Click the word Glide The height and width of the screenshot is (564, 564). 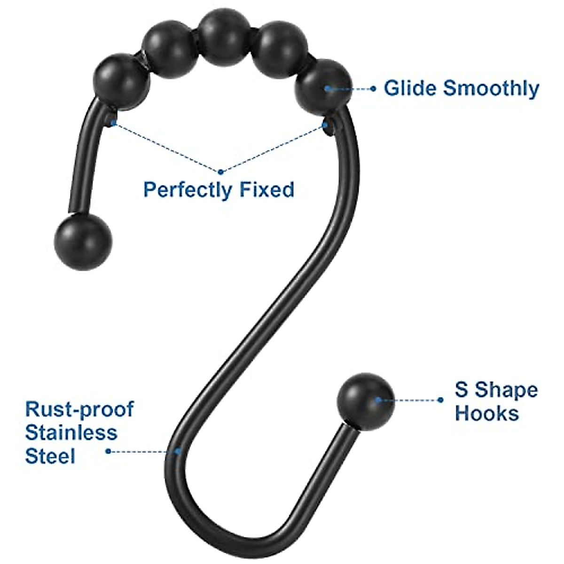point(410,88)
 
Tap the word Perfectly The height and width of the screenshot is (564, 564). point(188,190)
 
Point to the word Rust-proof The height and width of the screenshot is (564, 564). point(79,410)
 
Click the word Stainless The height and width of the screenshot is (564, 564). point(71,432)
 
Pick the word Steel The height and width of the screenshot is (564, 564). point(50,455)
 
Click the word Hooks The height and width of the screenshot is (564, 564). point(487,414)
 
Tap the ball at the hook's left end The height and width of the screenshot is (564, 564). point(84,242)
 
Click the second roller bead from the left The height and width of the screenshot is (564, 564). point(169,51)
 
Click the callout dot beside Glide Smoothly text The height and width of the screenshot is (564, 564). point(373,88)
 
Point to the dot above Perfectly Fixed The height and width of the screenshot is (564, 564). point(221,171)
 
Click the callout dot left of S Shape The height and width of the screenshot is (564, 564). point(440,400)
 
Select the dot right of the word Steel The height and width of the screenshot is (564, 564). point(108,451)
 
